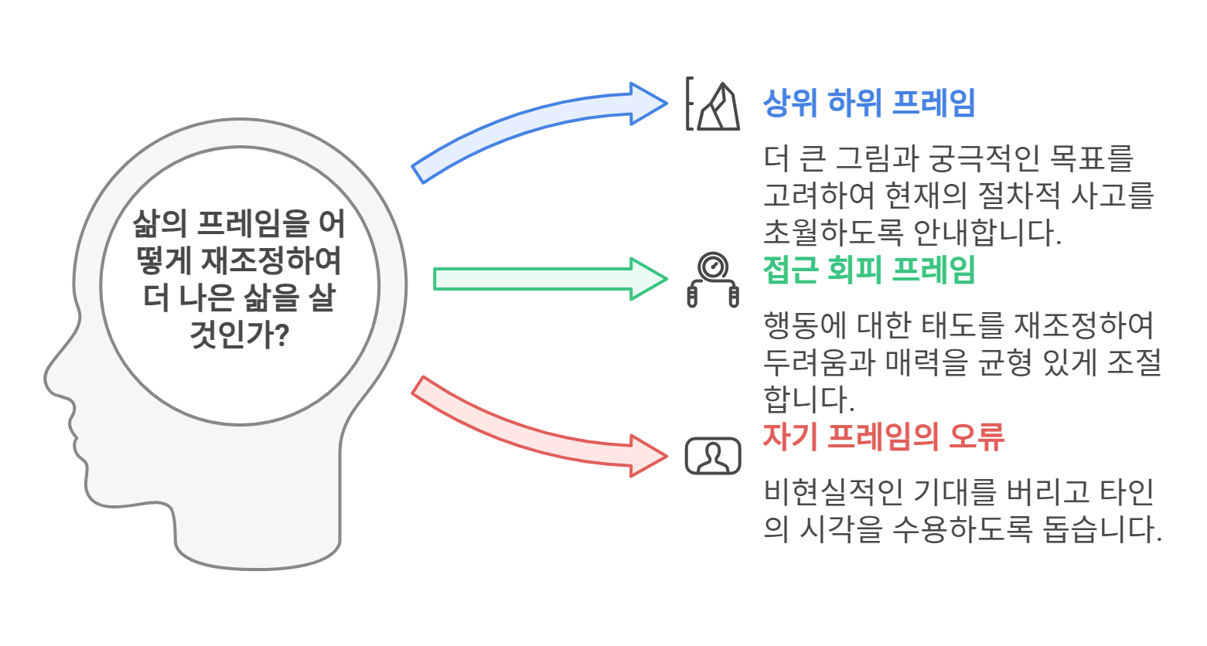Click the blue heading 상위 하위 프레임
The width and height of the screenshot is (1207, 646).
click(x=868, y=103)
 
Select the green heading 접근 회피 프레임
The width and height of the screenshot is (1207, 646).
click(x=868, y=270)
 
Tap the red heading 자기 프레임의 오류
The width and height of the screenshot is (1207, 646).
click(x=883, y=437)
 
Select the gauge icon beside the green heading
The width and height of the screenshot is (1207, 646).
click(x=713, y=279)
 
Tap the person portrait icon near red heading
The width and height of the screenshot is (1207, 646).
click(x=713, y=456)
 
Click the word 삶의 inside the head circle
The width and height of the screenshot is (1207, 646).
click(x=159, y=223)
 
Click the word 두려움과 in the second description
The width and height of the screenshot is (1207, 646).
click(x=820, y=362)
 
